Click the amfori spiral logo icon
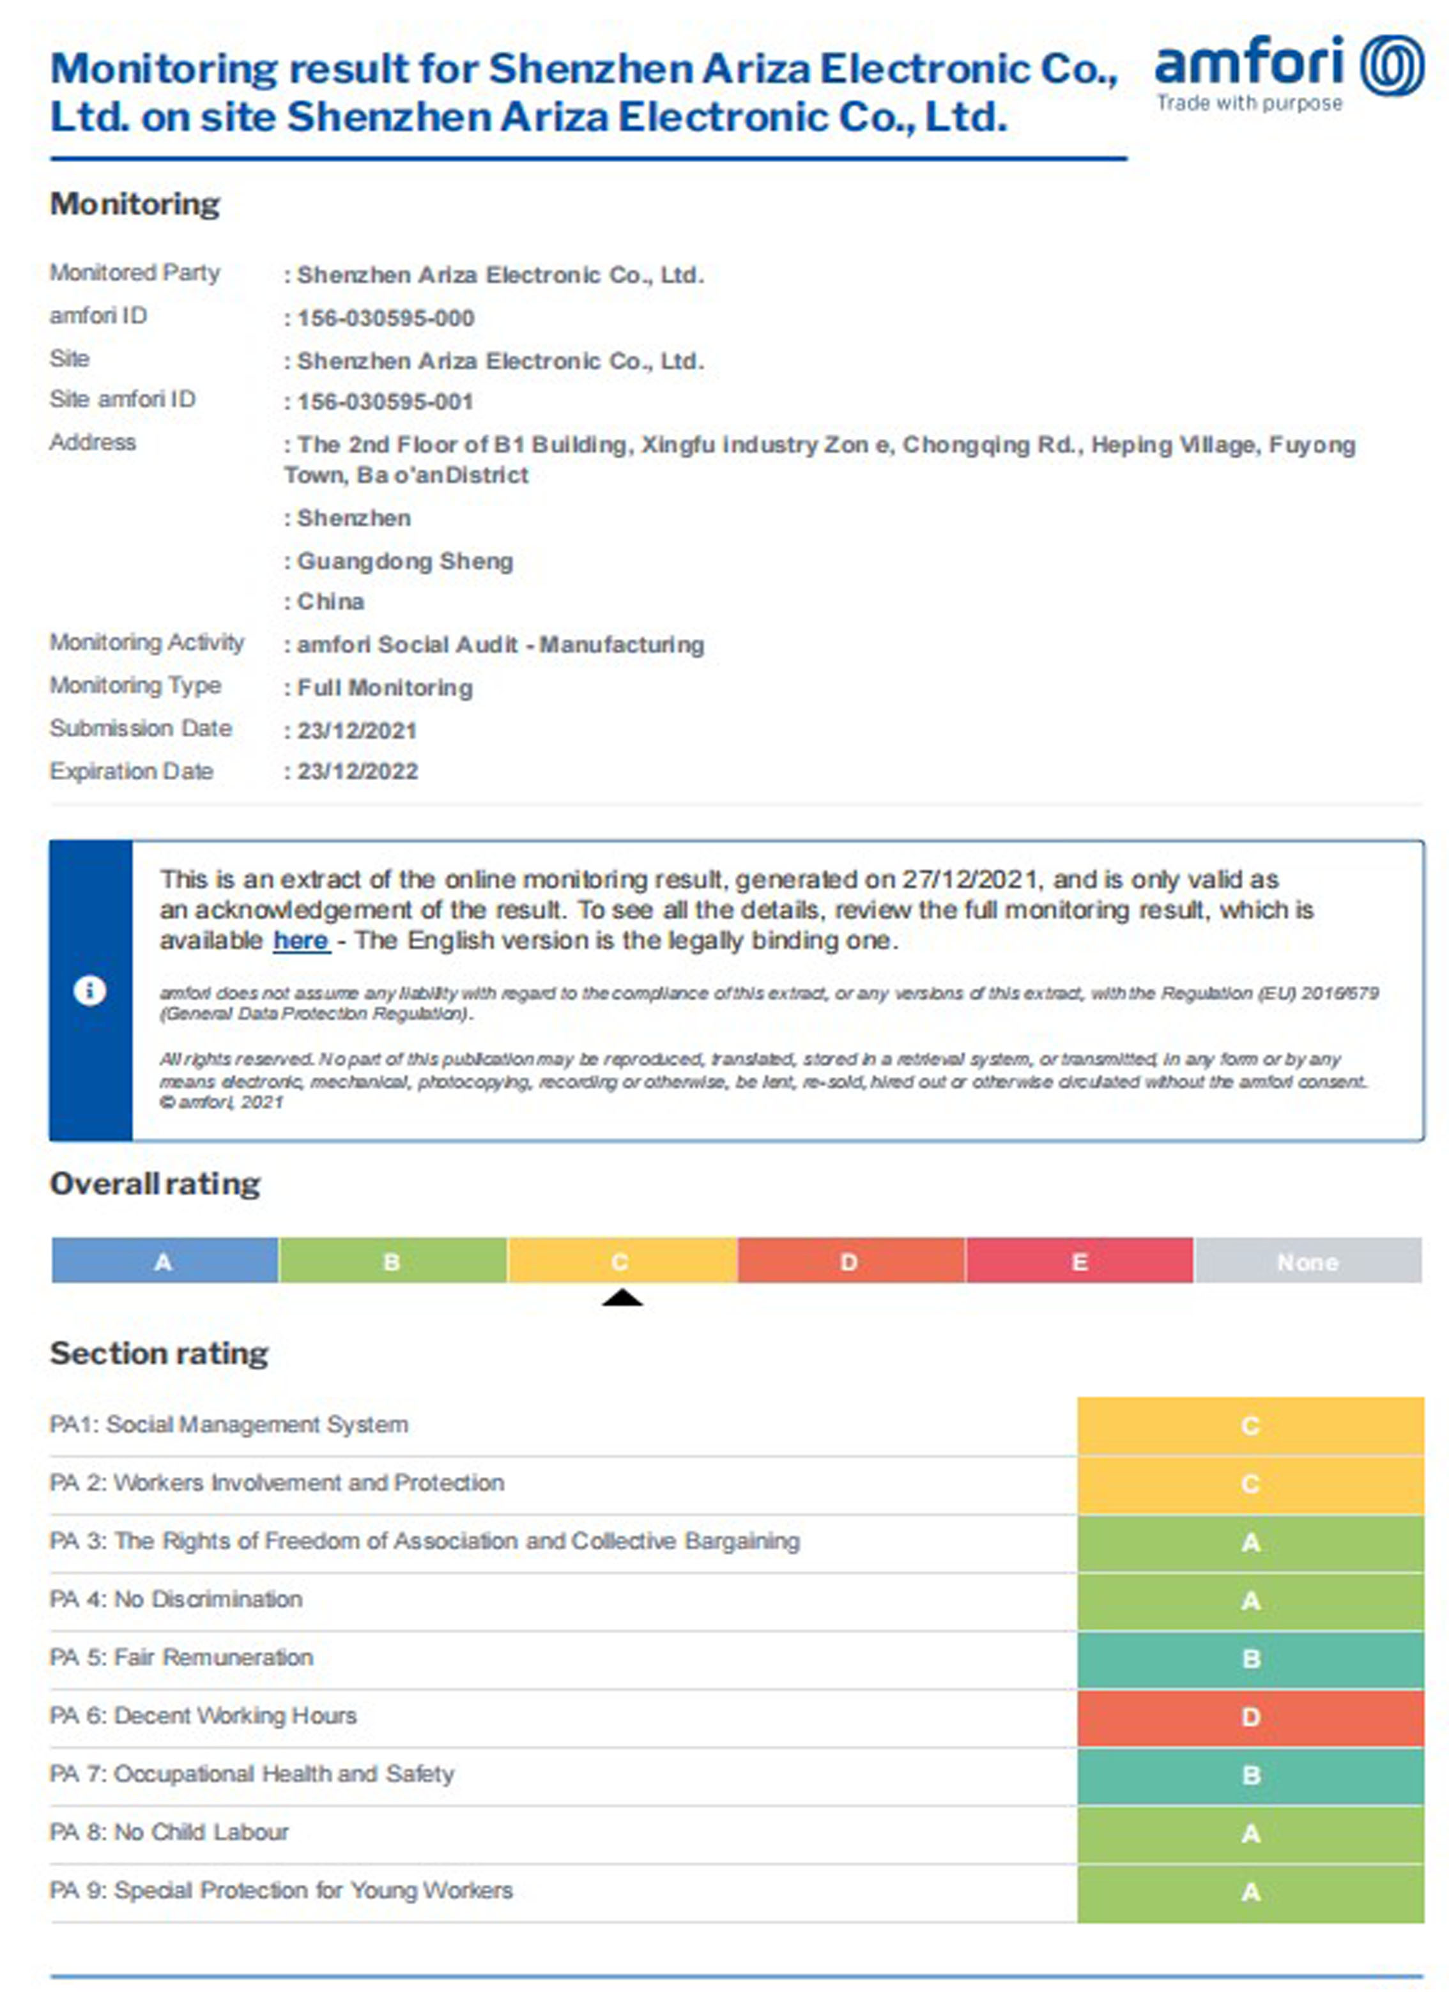(x=1392, y=65)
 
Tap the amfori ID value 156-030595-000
(x=385, y=318)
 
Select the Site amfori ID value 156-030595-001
(x=385, y=402)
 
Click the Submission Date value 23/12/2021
(x=356, y=731)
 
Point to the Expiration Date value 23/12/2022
(x=357, y=772)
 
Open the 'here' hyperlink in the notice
(x=300, y=940)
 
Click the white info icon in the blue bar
(x=89, y=991)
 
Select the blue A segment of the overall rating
(x=164, y=1261)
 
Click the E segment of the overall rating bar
(x=1079, y=1261)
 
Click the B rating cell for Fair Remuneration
(x=1250, y=1659)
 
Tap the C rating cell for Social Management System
(x=1250, y=1425)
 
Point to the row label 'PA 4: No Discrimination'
(x=176, y=1599)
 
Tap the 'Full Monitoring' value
(x=385, y=687)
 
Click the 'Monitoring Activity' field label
(x=147, y=643)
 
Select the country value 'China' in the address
(x=330, y=602)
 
